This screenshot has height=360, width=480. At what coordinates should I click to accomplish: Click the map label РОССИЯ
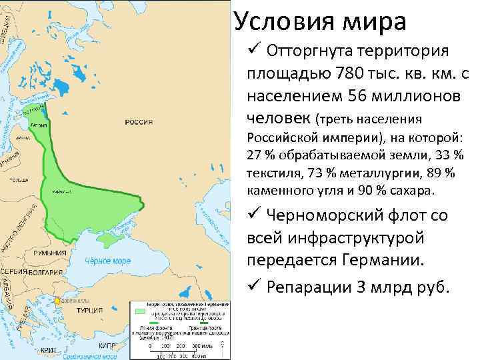coord(139,122)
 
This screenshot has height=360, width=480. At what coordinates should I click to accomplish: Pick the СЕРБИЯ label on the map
coord(13,274)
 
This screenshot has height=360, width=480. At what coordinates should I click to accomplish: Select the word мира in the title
coord(373,21)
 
